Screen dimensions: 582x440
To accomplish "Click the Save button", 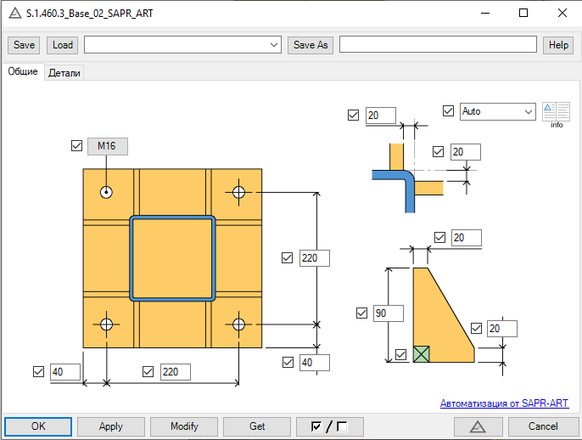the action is pyautogui.click(x=24, y=45).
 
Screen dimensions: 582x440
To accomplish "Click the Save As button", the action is pyautogui.click(x=311, y=45).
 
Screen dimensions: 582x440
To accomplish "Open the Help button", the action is pyautogui.click(x=558, y=45).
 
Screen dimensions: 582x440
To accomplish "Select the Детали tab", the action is pyautogui.click(x=64, y=73).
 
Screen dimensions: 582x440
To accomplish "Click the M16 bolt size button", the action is pyautogui.click(x=108, y=146).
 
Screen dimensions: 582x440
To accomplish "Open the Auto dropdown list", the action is pyautogui.click(x=498, y=111).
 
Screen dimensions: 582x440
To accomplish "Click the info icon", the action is pyautogui.click(x=556, y=115).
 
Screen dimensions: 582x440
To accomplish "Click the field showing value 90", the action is pyautogui.click(x=389, y=313).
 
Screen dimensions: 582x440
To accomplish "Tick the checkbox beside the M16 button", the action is pyautogui.click(x=76, y=146).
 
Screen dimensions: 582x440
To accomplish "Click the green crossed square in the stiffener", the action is pyautogui.click(x=422, y=354).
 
